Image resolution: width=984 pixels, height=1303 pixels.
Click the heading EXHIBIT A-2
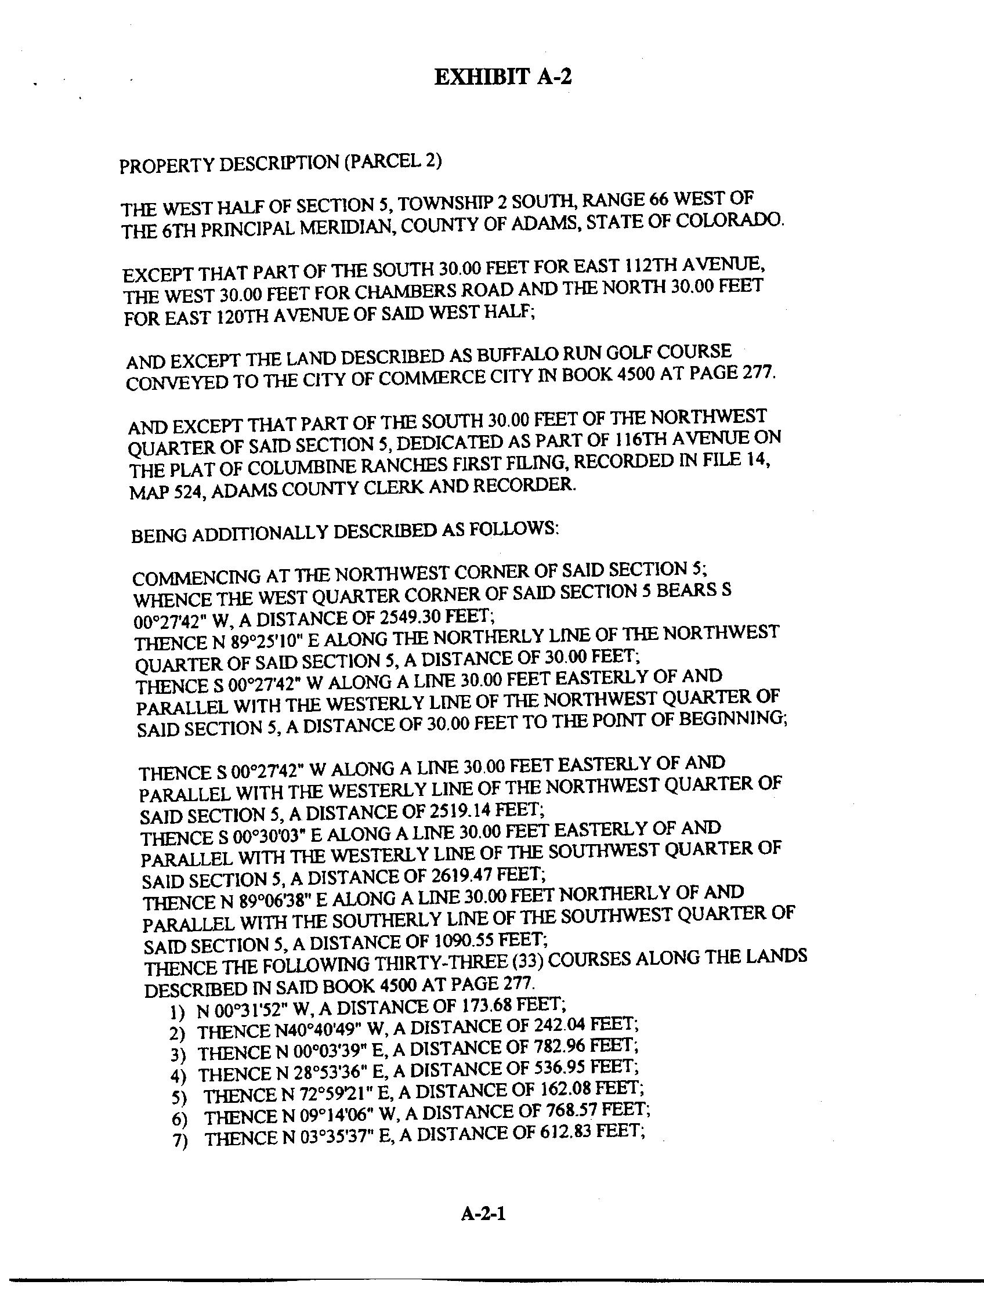tap(502, 77)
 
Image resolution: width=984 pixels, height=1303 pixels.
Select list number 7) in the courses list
tap(179, 1141)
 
